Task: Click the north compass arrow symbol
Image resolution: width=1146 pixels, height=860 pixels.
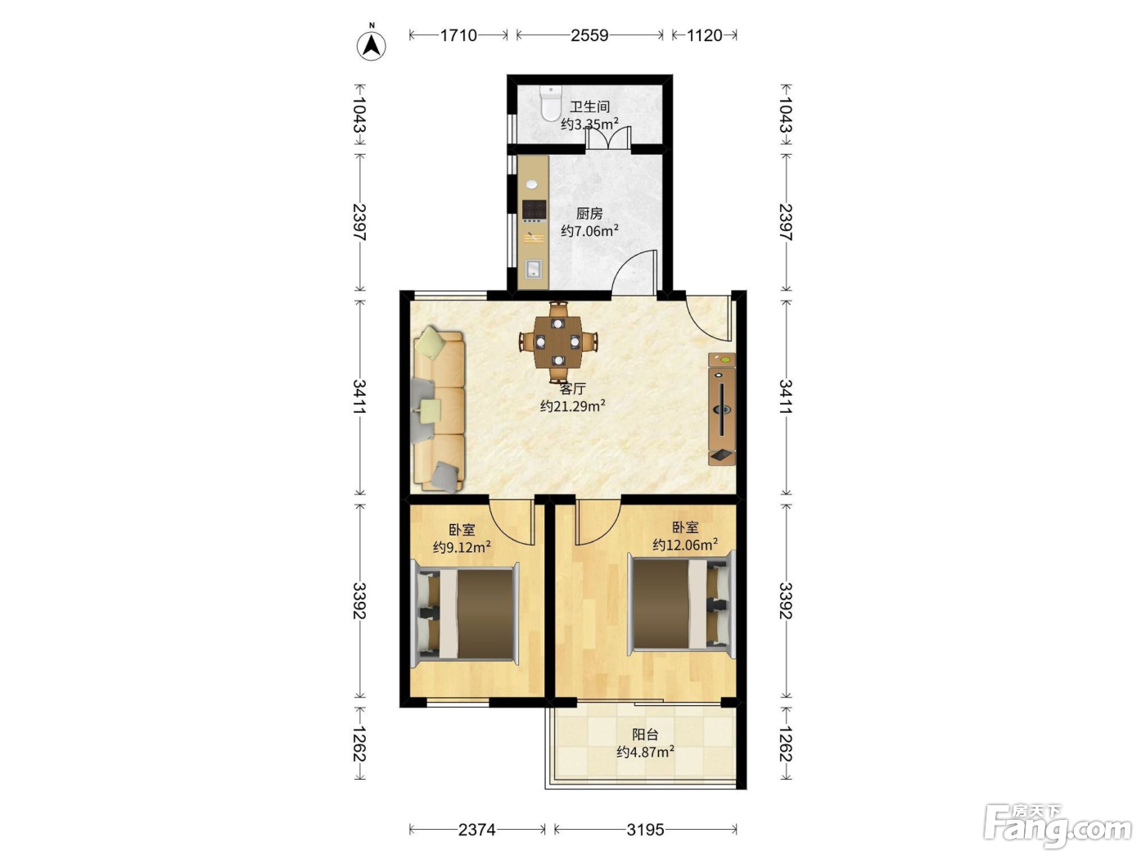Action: pos(371,46)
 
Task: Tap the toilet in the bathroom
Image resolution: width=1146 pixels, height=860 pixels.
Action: pos(550,103)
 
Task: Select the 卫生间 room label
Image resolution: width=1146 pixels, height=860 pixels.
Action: pos(589,107)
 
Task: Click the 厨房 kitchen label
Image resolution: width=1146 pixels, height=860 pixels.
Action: pos(589,214)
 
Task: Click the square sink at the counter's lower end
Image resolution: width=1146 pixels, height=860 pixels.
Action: pos(534,269)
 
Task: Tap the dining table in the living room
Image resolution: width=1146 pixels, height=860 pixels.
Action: pos(558,342)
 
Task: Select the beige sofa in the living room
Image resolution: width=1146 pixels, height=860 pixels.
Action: pos(439,411)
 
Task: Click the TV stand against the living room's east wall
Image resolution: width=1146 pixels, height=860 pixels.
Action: pos(722,409)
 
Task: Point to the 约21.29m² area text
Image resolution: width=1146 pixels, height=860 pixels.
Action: pos(573,405)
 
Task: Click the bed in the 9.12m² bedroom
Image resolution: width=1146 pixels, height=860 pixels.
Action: pos(465,614)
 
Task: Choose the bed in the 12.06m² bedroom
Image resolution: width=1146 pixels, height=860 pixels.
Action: pos(681,604)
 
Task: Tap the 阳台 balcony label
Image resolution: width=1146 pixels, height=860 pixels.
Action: pos(645,735)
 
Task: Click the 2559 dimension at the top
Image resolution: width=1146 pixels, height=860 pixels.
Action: pos(589,35)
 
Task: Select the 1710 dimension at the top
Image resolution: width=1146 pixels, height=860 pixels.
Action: pos(458,35)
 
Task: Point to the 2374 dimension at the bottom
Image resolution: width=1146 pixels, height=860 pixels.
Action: pos(476,829)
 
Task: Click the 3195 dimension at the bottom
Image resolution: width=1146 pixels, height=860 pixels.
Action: pos(645,829)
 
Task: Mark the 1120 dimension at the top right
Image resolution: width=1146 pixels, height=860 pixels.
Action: pos(704,35)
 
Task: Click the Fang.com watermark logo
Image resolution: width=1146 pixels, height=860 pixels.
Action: pos(1058,829)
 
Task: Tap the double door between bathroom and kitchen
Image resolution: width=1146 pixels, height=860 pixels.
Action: pos(607,139)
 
